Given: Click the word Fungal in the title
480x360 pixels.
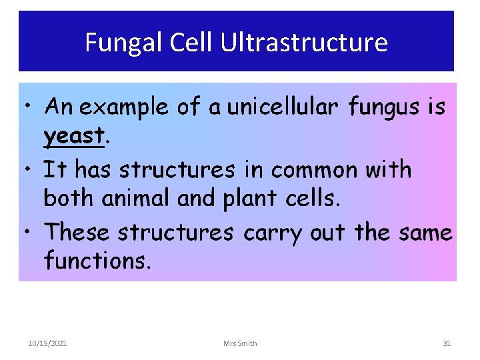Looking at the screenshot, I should (124, 43).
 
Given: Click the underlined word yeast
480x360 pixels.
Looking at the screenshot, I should (74, 137).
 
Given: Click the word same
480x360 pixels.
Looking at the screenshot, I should (425, 233).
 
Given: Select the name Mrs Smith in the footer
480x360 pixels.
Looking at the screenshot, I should (240, 343).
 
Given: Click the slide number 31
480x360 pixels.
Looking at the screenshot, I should (447, 343).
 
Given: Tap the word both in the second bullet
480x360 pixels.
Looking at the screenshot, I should (67, 198).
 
